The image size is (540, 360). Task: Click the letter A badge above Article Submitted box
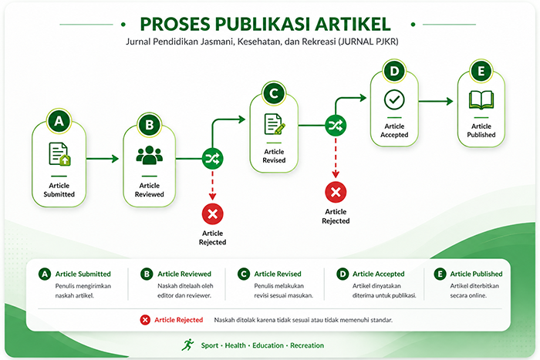(59, 121)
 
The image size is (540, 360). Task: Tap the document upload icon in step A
(59, 154)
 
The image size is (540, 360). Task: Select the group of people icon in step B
(149, 155)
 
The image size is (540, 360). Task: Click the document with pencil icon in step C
(275, 124)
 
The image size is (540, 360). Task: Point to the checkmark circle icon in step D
(394, 99)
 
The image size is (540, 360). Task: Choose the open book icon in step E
(481, 99)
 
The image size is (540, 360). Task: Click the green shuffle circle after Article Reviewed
(212, 159)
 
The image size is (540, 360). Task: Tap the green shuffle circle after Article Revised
(336, 126)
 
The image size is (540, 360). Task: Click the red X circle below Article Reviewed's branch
(212, 214)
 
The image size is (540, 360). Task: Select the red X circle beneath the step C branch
(336, 192)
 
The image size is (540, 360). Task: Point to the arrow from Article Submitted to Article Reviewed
(103, 159)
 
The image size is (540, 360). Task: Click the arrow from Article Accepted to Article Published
(436, 101)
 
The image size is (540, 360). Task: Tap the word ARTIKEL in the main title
(353, 24)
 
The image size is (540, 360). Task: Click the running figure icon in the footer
(188, 345)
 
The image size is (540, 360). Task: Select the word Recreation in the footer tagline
(307, 345)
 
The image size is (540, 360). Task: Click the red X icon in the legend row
(145, 320)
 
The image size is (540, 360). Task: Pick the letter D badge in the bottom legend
(343, 274)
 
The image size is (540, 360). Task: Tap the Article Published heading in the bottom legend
(476, 274)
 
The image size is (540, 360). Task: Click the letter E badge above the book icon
(481, 71)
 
